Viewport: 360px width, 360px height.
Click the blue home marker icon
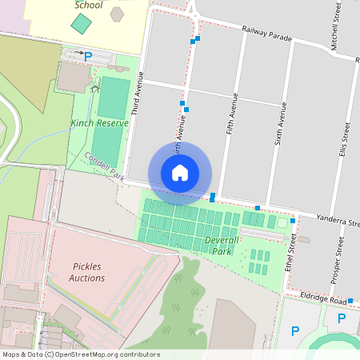click(x=180, y=173)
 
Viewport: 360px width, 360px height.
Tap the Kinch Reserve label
click(x=99, y=123)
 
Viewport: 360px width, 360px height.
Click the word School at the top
click(x=88, y=5)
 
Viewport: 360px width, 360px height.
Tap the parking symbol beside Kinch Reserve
click(x=89, y=57)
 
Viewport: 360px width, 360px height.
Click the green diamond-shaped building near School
click(x=80, y=22)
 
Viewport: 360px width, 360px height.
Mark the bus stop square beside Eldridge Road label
click(x=350, y=301)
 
